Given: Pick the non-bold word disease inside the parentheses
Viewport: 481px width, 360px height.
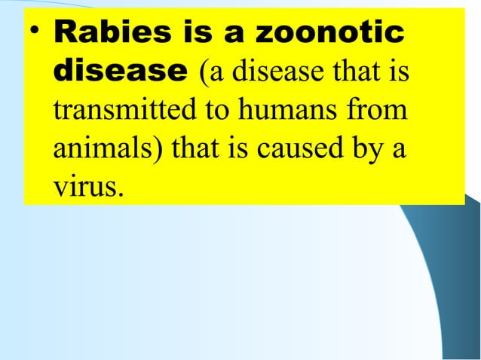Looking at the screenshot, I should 265,73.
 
